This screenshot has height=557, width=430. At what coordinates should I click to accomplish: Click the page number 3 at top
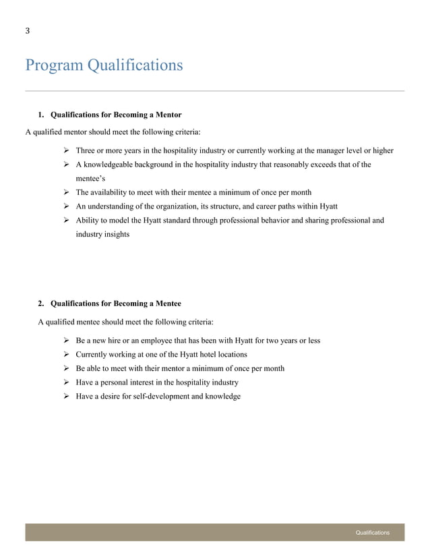tap(28, 30)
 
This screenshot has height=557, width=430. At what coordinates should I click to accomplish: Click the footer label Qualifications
tap(373, 533)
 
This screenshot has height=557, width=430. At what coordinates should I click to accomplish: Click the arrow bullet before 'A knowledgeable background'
tap(67, 164)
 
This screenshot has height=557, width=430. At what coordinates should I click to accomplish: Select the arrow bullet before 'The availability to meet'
tap(67, 192)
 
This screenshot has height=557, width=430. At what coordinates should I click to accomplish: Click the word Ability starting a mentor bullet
tap(88, 221)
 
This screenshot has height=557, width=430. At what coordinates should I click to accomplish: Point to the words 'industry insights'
tap(102, 235)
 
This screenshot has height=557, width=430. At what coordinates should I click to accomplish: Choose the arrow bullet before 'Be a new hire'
tap(67, 341)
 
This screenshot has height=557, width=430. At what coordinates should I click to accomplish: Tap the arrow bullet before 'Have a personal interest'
tap(67, 382)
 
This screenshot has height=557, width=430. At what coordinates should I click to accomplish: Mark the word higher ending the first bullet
tap(381, 150)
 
